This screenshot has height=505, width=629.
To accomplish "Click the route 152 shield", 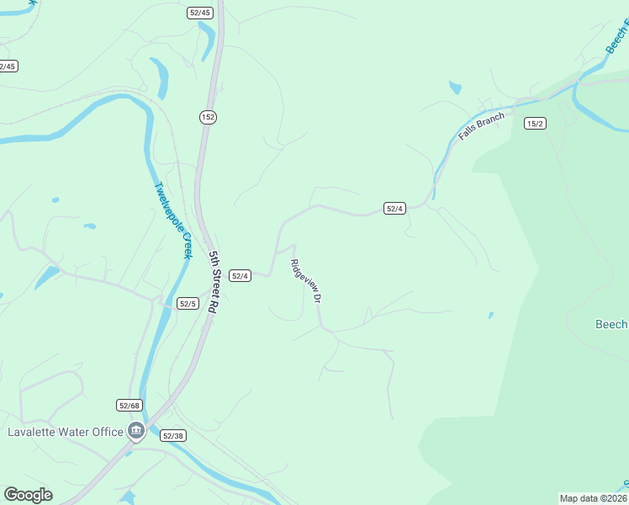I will (208, 117).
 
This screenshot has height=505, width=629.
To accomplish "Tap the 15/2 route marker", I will (535, 124).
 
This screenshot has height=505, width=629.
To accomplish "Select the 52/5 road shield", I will (188, 304).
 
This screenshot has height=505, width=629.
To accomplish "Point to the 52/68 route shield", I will (129, 406).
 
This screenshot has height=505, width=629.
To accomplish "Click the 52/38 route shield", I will (172, 436).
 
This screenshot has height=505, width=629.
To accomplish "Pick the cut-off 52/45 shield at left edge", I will (8, 66).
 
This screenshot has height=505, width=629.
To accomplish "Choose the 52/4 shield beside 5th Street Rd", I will (240, 276).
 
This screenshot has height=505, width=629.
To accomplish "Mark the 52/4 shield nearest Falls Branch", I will (394, 208).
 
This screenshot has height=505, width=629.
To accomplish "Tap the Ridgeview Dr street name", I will (306, 280).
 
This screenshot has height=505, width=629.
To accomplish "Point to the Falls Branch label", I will (483, 125).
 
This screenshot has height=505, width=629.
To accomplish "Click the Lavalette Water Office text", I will (66, 433).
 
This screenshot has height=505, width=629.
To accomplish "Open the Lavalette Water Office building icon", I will (136, 433).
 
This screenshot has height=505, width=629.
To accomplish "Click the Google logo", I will (29, 495).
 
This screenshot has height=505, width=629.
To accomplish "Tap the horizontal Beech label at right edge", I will (611, 325).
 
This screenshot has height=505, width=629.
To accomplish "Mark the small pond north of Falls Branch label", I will (455, 87).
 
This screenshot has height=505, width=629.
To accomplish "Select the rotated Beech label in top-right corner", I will (617, 39).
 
